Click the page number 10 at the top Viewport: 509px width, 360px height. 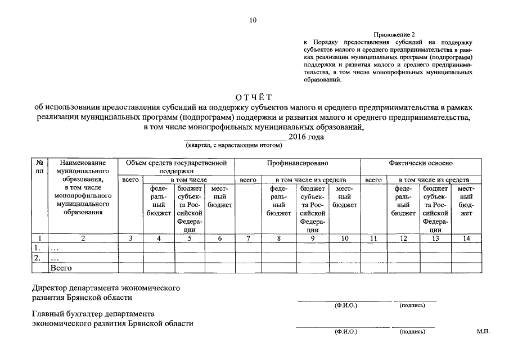253,21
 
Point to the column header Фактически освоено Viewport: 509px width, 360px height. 420,163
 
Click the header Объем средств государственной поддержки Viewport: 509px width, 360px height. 176,166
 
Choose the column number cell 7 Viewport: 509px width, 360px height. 248,238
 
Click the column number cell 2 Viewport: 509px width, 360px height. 83,238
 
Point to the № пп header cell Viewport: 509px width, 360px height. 40,166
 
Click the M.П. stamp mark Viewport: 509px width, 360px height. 483,331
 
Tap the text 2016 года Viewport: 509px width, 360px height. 306,137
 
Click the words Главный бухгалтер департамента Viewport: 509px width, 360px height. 93,314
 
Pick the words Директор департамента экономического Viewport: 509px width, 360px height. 106,287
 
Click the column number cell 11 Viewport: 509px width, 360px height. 373,238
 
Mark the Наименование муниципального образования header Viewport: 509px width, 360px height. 83,187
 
